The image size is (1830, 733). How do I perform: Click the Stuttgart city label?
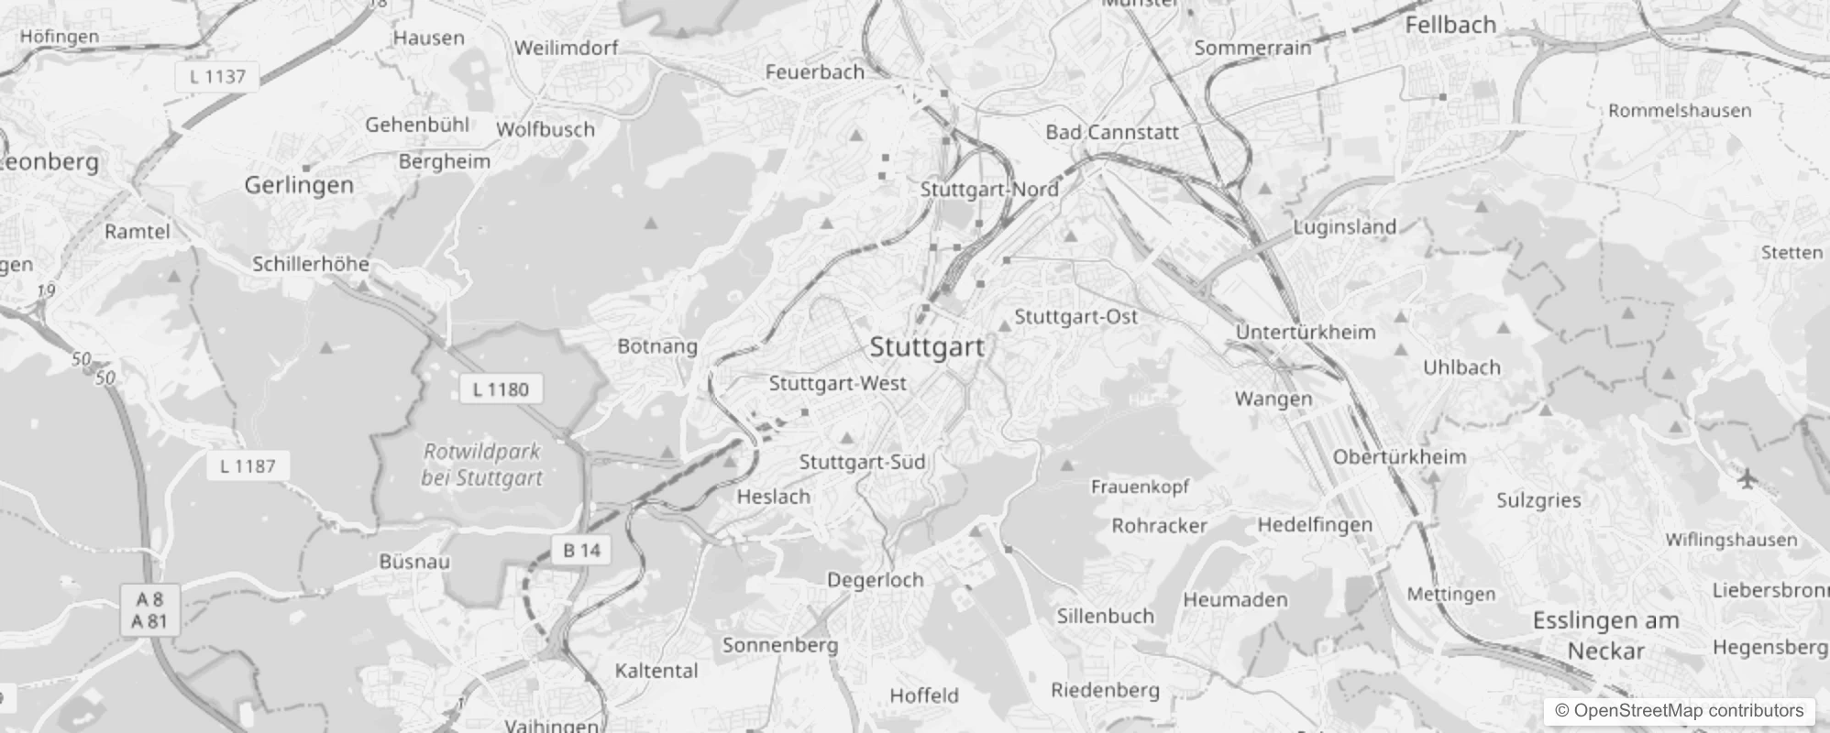click(x=926, y=347)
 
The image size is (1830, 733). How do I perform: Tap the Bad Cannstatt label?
click(x=1112, y=132)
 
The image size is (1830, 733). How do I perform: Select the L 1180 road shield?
click(x=501, y=389)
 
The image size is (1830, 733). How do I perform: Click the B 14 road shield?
click(x=581, y=550)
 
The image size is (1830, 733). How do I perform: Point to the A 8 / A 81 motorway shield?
click(x=150, y=611)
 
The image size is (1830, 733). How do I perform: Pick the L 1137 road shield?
click(x=217, y=77)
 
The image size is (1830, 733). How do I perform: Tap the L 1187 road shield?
click(x=248, y=465)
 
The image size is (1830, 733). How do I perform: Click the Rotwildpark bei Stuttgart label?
click(x=481, y=465)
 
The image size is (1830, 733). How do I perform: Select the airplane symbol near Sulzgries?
click(x=1747, y=478)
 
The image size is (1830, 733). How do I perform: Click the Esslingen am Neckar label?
click(x=1605, y=636)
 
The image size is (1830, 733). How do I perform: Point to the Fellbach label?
click(x=1450, y=25)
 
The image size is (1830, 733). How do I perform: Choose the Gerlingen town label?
click(x=299, y=185)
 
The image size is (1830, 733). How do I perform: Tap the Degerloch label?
click(x=875, y=580)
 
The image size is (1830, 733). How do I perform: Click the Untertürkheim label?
click(x=1306, y=332)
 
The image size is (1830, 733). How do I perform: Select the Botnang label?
click(x=657, y=346)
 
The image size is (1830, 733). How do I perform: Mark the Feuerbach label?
click(x=814, y=71)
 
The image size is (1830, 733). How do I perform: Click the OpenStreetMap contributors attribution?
click(x=1679, y=711)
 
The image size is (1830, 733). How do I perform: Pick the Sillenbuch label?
click(x=1105, y=616)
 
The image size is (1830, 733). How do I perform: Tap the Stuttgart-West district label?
click(x=837, y=384)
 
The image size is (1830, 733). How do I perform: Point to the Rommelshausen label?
click(x=1680, y=111)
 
